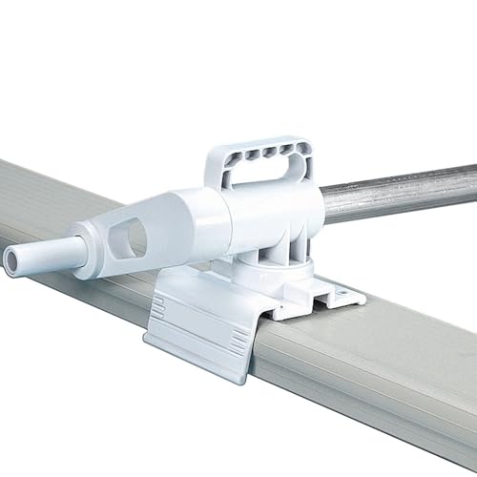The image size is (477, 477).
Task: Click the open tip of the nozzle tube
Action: coord(11,259)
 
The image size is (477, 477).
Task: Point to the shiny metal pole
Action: coord(401,191)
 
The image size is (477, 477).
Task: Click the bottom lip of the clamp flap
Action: coord(191,358)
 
